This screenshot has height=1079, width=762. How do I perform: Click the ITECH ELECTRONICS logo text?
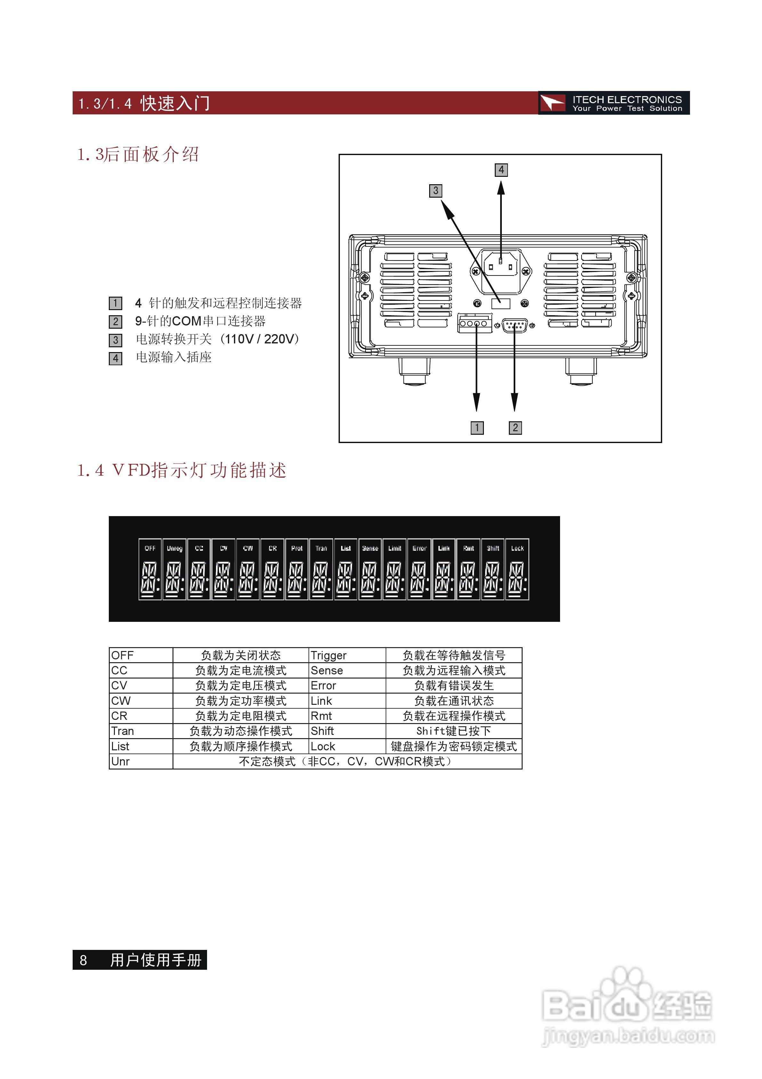tap(626, 100)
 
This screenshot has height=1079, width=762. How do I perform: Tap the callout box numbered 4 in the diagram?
tap(501, 170)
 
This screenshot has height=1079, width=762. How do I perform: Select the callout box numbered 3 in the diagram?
tap(436, 190)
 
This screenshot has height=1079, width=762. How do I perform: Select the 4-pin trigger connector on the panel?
tap(474, 323)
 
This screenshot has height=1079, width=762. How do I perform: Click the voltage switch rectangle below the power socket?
tap(501, 303)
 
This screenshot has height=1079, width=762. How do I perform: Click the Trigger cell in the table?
tap(329, 655)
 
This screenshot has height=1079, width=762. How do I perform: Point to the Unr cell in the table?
tap(121, 761)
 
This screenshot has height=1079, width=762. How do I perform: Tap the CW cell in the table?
tap(121, 701)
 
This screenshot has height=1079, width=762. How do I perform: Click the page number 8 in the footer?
tap(83, 960)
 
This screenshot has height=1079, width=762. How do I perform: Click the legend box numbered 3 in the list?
tap(116, 340)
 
